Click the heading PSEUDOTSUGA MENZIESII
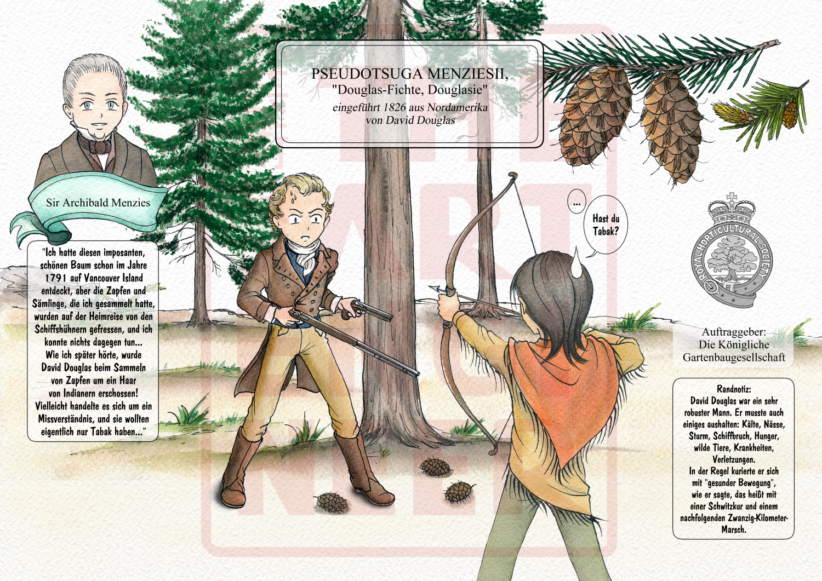click(x=410, y=74)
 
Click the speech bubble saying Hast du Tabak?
click(x=606, y=225)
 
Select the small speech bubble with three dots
click(x=576, y=202)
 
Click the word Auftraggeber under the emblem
click(x=734, y=332)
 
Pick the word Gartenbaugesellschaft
click(x=734, y=357)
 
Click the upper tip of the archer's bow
click(x=511, y=175)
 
